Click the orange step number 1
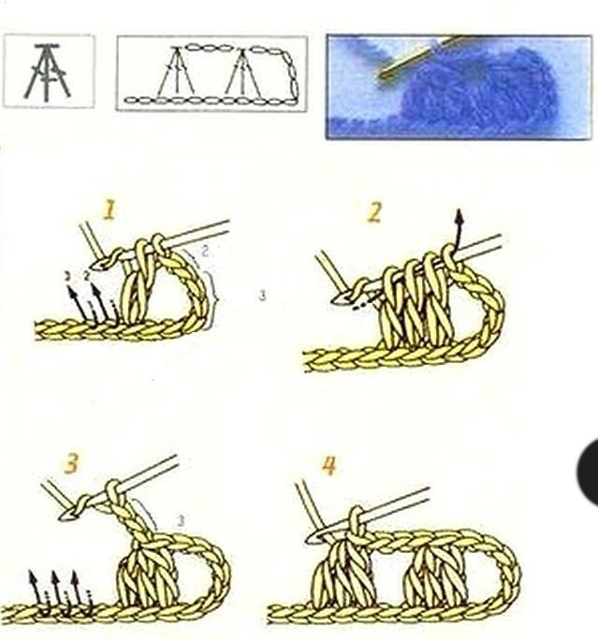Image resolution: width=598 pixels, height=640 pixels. click(109, 211)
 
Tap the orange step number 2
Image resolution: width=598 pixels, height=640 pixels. click(374, 212)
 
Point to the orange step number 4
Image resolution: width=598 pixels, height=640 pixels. click(328, 466)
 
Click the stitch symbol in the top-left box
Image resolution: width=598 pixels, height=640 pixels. click(47, 72)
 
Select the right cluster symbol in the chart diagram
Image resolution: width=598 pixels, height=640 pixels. click(243, 73)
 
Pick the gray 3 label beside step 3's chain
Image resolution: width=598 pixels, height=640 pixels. click(181, 520)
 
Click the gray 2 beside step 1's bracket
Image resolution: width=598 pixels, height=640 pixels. click(205, 252)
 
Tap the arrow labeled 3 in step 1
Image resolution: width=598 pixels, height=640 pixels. click(78, 302)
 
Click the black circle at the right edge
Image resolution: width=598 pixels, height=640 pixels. click(589, 473)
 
